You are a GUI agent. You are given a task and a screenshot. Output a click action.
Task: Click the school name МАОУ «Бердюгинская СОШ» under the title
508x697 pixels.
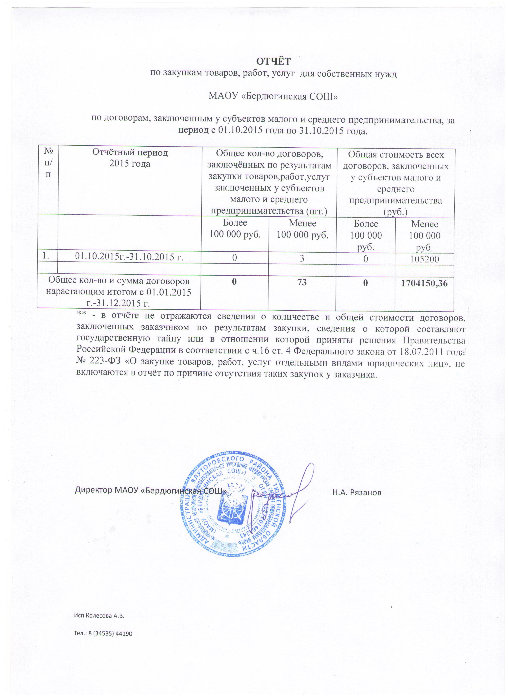[x=273, y=96]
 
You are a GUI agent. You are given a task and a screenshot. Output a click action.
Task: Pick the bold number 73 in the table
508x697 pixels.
[x=302, y=282]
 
